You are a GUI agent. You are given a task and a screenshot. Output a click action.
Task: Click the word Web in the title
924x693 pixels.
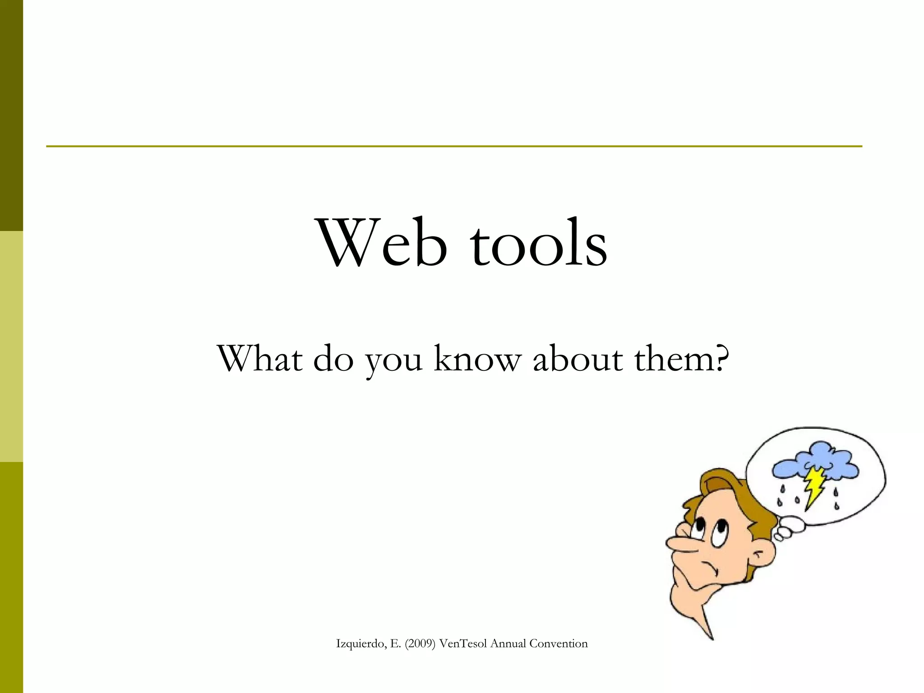coord(383,244)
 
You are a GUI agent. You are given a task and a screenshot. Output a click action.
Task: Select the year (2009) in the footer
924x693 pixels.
coord(420,644)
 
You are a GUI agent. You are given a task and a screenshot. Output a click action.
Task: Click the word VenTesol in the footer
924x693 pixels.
coord(462,644)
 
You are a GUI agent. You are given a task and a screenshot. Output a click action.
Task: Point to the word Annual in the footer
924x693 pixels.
coord(508,644)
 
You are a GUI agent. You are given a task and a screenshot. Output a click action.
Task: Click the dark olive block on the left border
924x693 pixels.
coord(11,115)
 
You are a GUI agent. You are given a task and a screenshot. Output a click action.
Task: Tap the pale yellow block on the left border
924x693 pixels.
coord(11,346)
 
